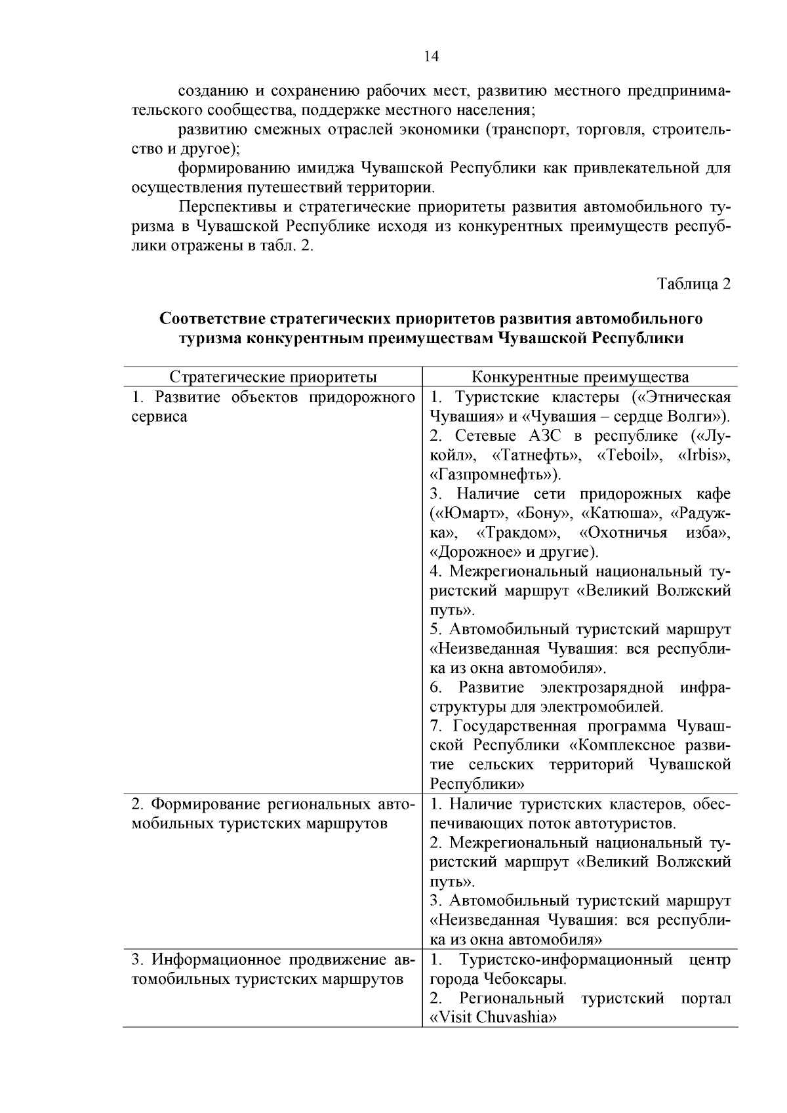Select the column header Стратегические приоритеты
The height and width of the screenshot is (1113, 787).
pos(273,377)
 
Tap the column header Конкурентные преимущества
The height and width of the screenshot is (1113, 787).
pos(580,377)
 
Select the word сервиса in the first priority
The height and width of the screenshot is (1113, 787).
pos(159,417)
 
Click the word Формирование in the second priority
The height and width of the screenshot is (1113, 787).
pos(207,805)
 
